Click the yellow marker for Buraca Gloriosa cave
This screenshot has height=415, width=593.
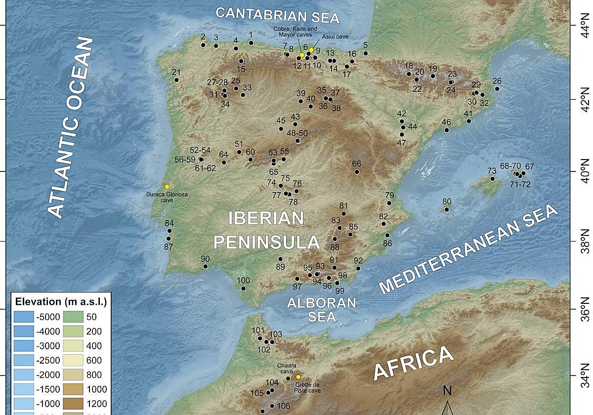[167, 186]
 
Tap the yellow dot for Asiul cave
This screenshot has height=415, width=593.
[311, 50]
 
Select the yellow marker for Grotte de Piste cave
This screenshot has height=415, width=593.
[298, 377]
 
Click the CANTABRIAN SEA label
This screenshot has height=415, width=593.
[278, 15]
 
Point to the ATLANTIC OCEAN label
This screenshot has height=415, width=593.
[72, 128]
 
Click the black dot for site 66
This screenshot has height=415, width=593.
[357, 172]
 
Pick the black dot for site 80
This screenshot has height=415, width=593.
[447, 209]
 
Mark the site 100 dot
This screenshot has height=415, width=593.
[243, 289]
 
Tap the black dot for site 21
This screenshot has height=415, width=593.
[176, 80]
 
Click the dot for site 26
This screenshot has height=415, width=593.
[497, 89]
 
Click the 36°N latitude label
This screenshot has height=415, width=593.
[587, 309]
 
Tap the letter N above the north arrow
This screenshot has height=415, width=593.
[447, 391]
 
